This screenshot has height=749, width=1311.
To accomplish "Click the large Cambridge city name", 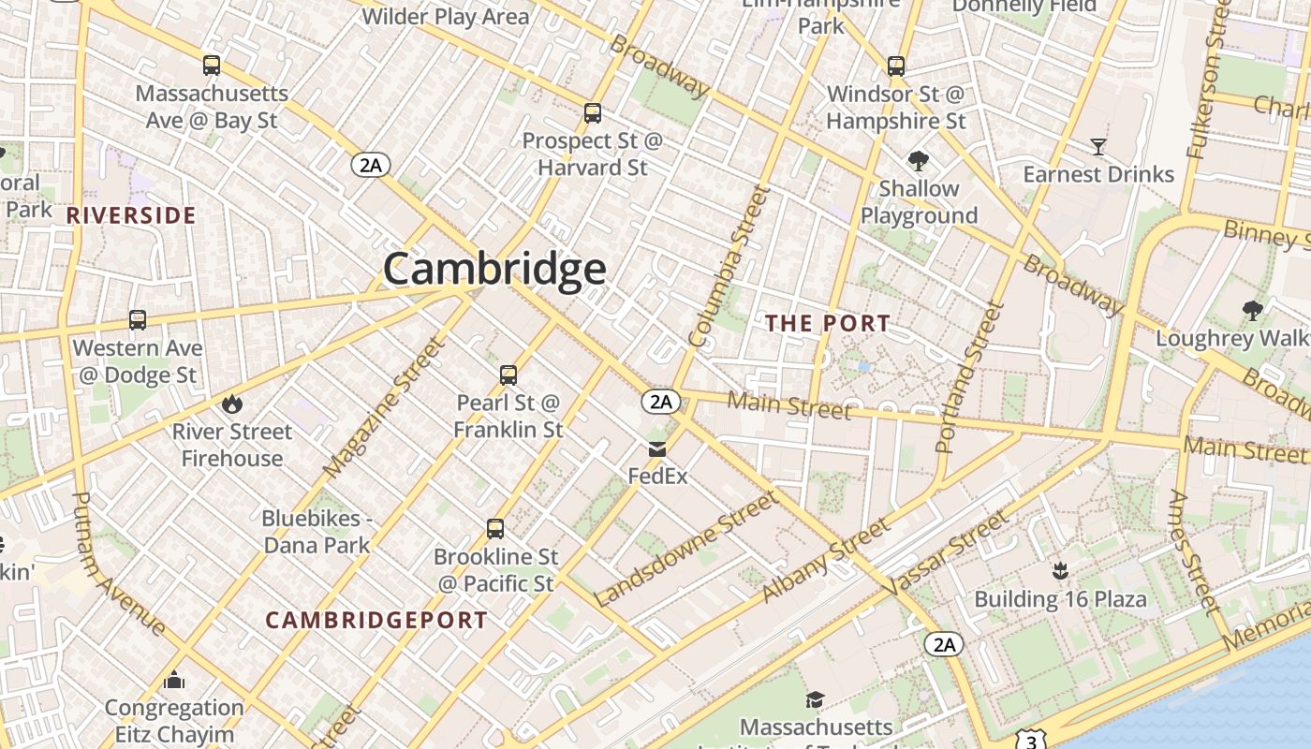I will (494, 270).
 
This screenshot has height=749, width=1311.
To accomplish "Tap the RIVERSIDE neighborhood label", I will (131, 215).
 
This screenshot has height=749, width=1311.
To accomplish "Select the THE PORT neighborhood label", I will (828, 324).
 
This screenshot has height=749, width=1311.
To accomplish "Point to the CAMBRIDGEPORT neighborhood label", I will (376, 620).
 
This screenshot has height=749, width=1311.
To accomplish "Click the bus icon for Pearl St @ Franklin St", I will (508, 375).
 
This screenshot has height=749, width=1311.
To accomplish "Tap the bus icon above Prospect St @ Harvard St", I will (592, 113).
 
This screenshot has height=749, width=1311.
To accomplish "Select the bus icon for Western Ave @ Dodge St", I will (138, 320).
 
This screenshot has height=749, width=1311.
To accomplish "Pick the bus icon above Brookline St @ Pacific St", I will (495, 529).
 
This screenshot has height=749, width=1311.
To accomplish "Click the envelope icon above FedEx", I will (657, 449).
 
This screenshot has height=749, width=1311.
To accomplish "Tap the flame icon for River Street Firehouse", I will (231, 404).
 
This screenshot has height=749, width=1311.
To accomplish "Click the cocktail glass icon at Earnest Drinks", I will (1098, 147).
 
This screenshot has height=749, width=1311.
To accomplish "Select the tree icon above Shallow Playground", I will (919, 161).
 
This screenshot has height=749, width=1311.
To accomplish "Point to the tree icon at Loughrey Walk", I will (1252, 311).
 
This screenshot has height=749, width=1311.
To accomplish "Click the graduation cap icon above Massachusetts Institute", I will (816, 699).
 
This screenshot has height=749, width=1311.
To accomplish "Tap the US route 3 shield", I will (1031, 742).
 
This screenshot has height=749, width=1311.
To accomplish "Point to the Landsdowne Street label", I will (685, 549).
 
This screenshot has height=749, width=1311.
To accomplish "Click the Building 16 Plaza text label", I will (1060, 599).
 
